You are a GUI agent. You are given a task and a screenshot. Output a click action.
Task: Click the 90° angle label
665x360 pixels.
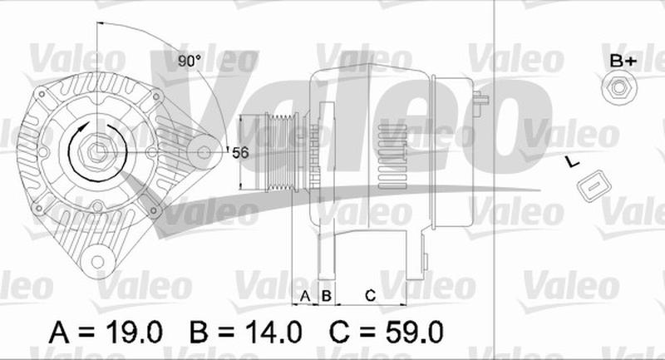[190, 61]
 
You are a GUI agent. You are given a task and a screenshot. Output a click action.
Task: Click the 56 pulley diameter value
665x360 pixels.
[240, 153]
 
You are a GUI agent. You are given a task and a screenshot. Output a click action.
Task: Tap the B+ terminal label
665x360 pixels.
[623, 61]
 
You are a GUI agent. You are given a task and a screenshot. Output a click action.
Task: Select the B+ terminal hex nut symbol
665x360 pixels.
[618, 88]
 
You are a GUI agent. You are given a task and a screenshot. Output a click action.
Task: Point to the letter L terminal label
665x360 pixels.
[572, 161]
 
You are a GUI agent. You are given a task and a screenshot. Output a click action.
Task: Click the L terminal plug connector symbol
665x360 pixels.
[595, 185]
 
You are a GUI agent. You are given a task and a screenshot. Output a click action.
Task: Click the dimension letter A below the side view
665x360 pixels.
[305, 295]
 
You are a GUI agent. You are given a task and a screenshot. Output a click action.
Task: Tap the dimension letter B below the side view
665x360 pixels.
[326, 295]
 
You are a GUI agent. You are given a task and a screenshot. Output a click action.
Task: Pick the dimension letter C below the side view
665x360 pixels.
[370, 295]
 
